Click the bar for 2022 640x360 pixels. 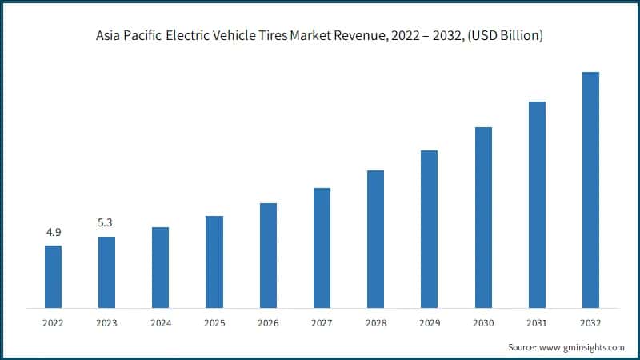53,276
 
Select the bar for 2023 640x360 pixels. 106,272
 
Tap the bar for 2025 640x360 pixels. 214,262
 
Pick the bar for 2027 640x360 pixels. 322,247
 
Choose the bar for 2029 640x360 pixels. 429,229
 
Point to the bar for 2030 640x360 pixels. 483,217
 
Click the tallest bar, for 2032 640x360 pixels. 590,190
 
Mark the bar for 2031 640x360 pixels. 537,204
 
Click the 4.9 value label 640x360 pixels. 53,233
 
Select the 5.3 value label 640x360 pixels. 106,223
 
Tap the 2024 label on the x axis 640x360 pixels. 160,323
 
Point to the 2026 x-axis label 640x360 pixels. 267,323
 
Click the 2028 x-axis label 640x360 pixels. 375,323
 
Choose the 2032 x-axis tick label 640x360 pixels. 590,323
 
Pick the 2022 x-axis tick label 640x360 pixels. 53,323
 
